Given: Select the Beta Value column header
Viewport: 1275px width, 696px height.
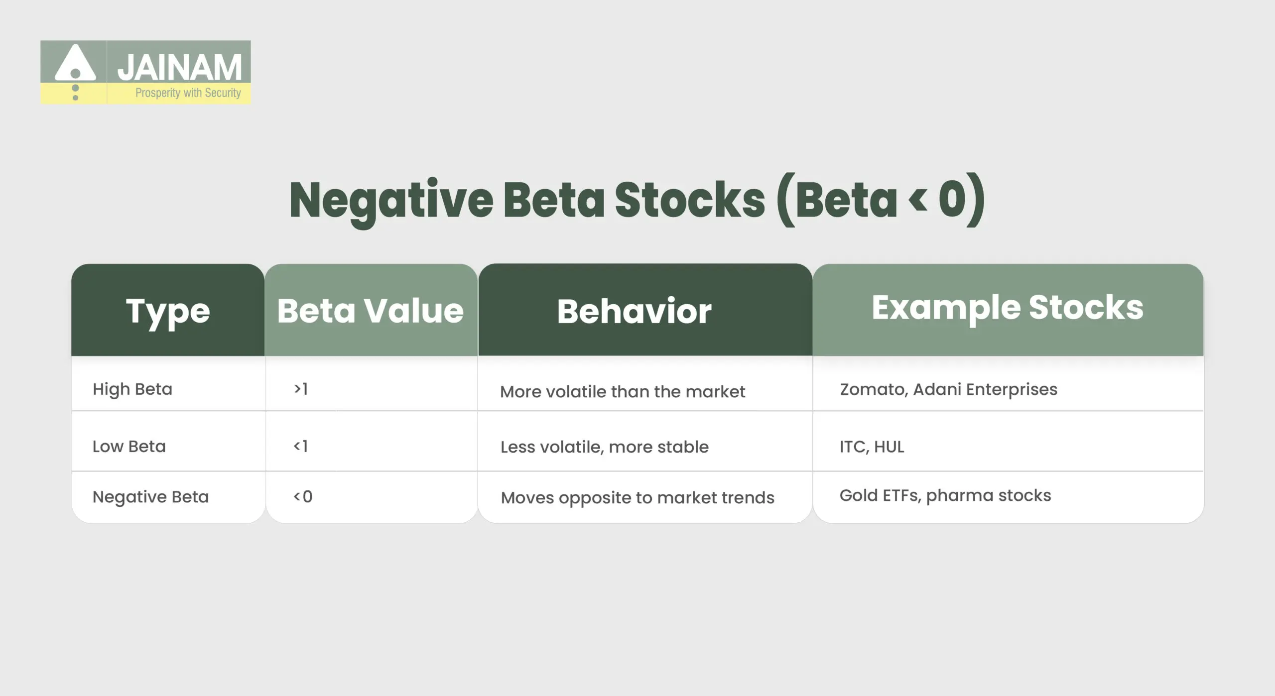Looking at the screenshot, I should tap(370, 311).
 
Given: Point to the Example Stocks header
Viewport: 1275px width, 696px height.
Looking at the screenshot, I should tap(1007, 307).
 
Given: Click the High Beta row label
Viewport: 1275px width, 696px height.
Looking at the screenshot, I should tap(132, 389).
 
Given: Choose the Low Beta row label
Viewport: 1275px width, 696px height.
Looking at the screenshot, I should tap(129, 446).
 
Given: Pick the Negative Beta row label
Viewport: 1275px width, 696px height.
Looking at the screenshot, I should tap(150, 497).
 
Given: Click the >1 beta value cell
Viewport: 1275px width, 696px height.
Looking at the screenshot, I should tap(301, 388).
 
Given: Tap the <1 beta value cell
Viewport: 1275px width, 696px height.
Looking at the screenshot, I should tap(301, 446).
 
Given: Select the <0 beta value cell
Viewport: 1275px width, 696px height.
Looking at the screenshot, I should tap(303, 496).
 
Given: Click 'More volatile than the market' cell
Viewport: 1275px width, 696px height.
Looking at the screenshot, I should tap(622, 392).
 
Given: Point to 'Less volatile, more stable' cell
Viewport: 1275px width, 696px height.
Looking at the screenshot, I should tap(604, 447).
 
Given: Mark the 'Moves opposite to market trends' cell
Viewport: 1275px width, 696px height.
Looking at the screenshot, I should tap(637, 497).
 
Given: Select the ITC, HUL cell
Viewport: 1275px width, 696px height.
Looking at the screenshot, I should tap(872, 447).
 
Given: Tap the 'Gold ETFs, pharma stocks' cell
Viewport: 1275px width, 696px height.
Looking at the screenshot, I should tap(945, 495).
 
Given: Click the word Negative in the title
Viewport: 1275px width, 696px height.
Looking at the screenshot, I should tap(391, 200).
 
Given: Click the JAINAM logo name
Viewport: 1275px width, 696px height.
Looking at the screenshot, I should tap(179, 67).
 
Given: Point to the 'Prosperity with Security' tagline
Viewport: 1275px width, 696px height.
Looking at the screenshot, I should tap(188, 93).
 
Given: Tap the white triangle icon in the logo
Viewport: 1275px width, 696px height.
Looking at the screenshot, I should tap(75, 63).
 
